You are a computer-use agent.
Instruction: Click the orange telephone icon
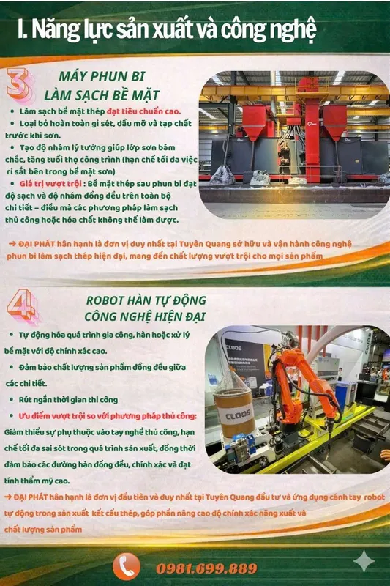[127, 567]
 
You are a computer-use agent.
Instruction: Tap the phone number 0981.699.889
[207, 568]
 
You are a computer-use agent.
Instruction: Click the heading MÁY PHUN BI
[102, 76]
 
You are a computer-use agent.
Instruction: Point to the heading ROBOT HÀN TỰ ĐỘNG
[146, 300]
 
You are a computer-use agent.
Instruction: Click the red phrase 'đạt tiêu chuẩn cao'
[143, 111]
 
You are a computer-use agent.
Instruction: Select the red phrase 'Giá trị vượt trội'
[50, 184]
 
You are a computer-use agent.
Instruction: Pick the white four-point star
[364, 560]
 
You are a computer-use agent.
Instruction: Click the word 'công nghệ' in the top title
[269, 30]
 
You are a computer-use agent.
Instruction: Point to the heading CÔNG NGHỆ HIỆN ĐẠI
[145, 316]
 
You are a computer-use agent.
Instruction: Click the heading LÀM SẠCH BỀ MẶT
[102, 95]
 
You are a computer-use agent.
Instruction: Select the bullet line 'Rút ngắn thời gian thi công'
[68, 399]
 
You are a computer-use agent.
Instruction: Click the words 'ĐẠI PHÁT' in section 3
[36, 244]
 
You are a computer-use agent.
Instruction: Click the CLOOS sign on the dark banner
[234, 347]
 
